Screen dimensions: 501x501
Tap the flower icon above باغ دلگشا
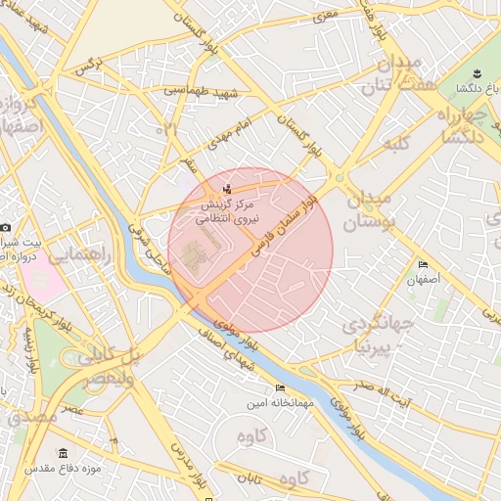coord(477,74)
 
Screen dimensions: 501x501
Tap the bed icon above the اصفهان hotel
coord(423,264)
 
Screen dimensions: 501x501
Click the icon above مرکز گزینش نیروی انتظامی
coord(228,189)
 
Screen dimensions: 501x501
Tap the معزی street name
coord(320,18)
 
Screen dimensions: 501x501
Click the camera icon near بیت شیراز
coord(5,227)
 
